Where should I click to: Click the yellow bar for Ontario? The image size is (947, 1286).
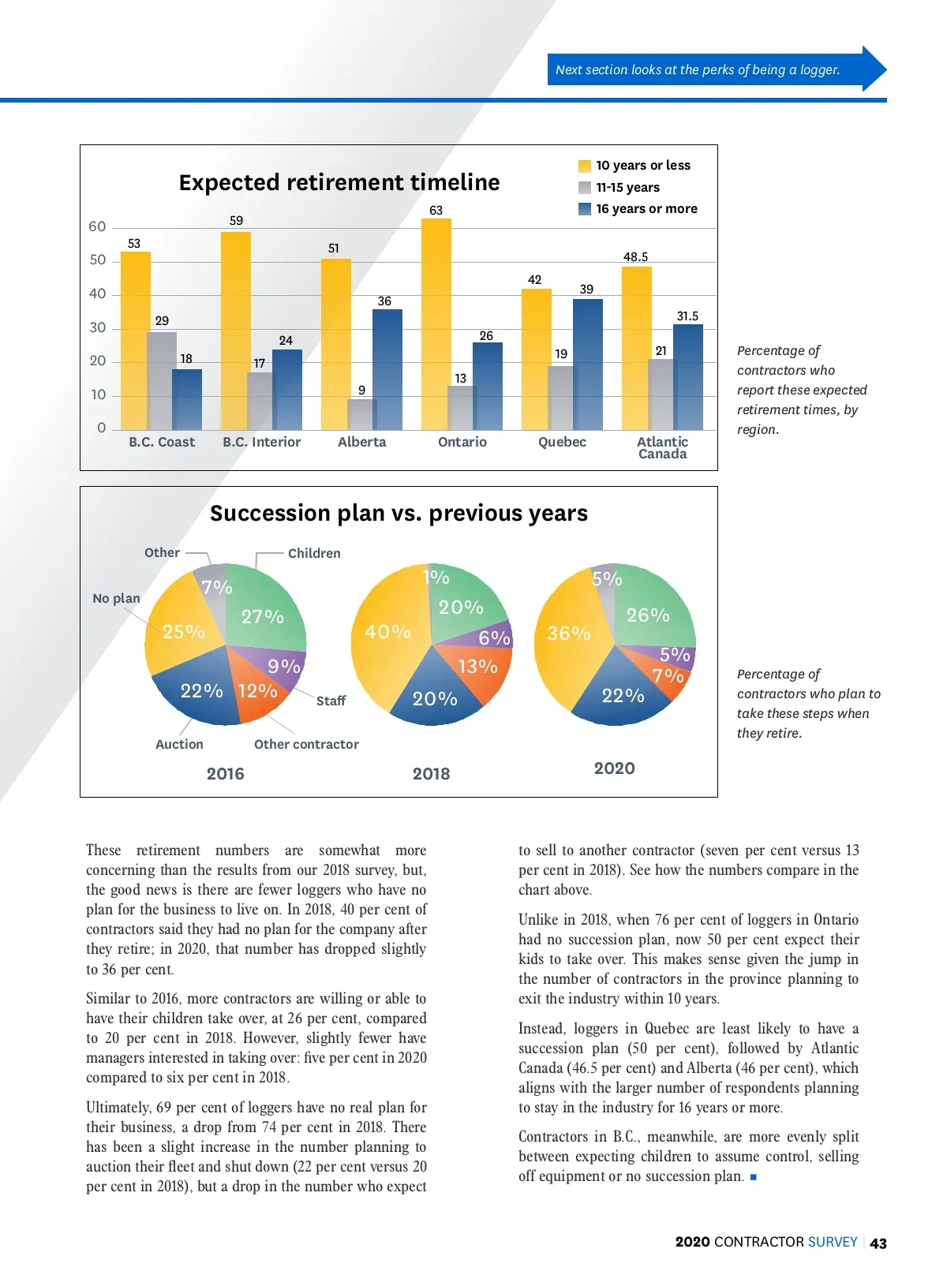click(436, 323)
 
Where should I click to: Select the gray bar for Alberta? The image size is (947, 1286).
click(361, 414)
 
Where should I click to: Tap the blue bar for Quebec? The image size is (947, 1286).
click(587, 364)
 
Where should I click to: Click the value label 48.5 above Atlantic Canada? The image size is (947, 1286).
click(635, 257)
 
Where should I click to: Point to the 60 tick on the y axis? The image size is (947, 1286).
click(97, 227)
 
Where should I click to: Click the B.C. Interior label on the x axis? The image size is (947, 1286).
click(261, 443)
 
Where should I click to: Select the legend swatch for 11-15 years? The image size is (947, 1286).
click(585, 188)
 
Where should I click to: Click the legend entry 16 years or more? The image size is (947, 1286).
click(646, 209)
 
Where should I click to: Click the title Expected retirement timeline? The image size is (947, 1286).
click(339, 182)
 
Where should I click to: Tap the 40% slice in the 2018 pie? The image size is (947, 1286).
click(387, 632)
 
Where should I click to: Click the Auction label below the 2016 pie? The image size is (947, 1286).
click(179, 745)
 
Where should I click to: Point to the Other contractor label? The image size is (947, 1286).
click(306, 745)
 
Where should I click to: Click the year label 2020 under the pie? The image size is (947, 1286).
click(614, 768)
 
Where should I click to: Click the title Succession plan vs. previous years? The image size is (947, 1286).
click(399, 514)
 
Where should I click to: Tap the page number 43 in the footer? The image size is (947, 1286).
click(878, 1243)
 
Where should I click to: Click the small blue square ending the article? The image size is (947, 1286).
click(754, 1177)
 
